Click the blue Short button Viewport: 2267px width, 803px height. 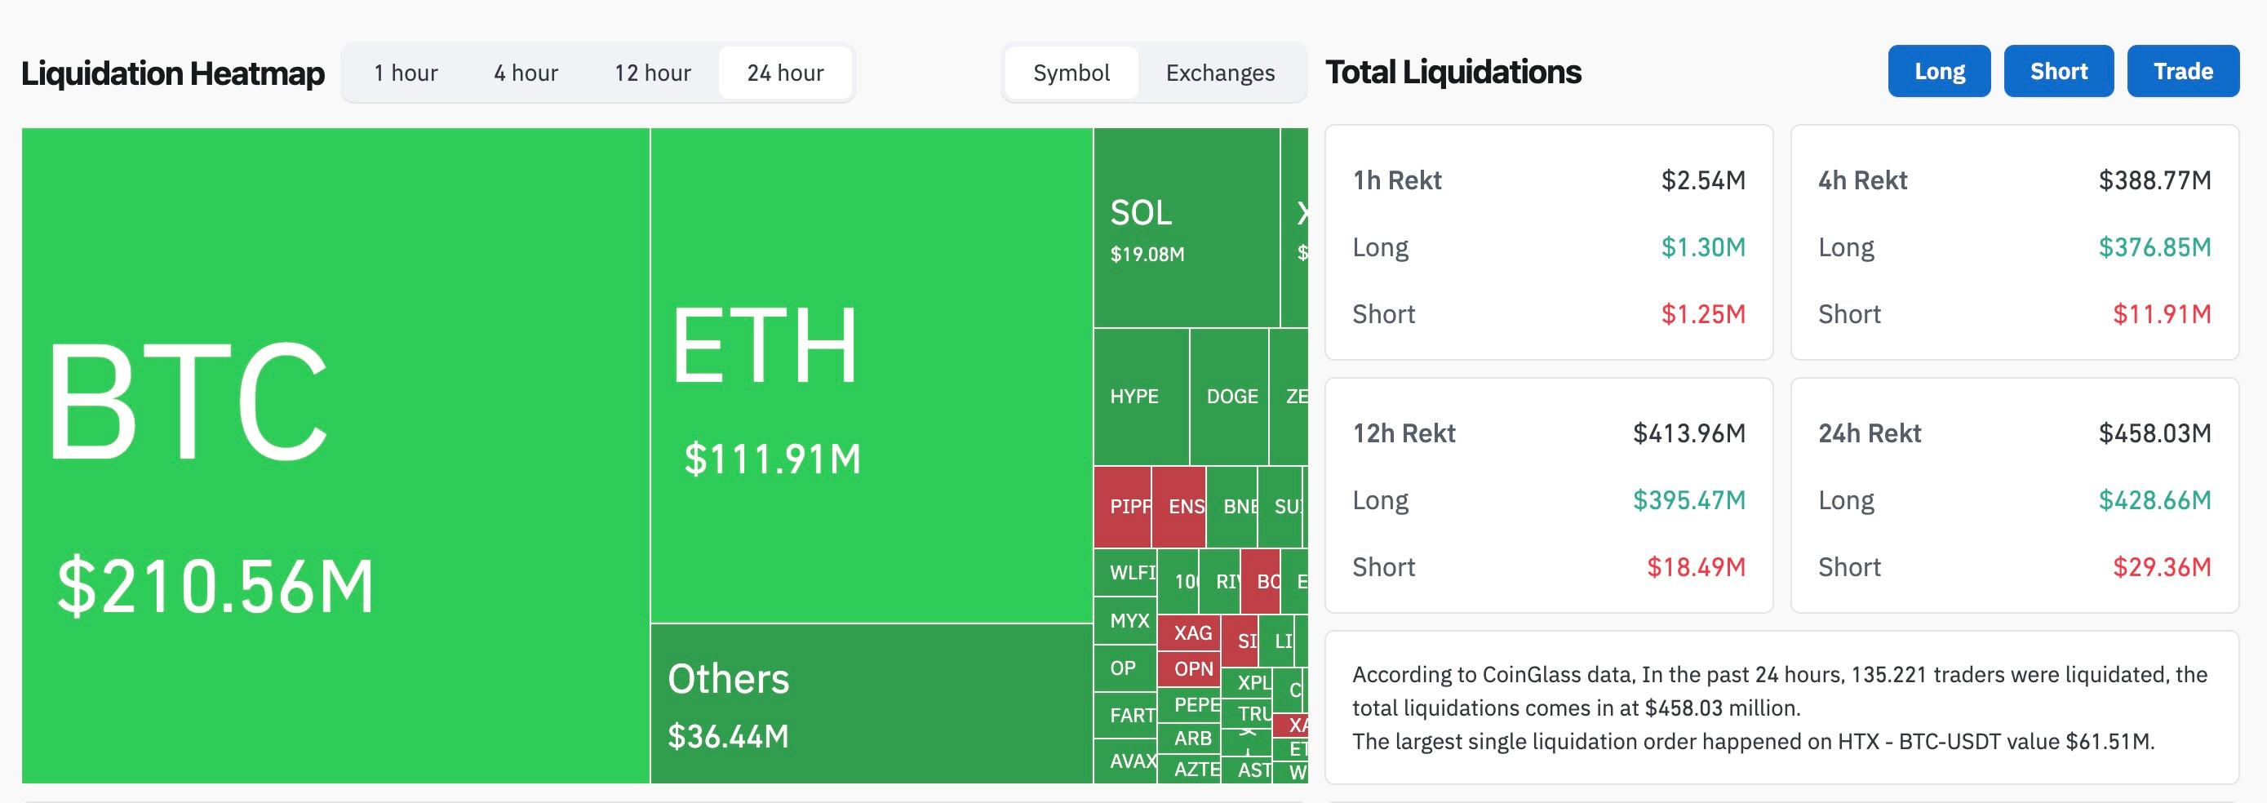pyautogui.click(x=2058, y=71)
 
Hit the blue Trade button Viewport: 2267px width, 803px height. pyautogui.click(x=2182, y=71)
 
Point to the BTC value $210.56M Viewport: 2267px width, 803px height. pyautogui.click(x=215, y=587)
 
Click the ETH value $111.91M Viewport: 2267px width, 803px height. pyautogui.click(x=773, y=459)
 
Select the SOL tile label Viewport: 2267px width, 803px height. pyautogui.click(x=1141, y=212)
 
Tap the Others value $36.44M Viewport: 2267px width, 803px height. pyautogui.click(x=728, y=736)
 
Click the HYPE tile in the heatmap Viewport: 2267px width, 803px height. pyautogui.click(x=1134, y=397)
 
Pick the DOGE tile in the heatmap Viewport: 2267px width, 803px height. pyautogui.click(x=1231, y=397)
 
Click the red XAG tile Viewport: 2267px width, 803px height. pyautogui.click(x=1192, y=633)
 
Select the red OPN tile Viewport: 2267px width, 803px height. pyautogui.click(x=1192, y=669)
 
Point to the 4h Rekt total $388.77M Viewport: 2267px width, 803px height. pyautogui.click(x=2154, y=180)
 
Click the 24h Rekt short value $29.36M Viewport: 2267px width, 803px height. pyautogui.click(x=2162, y=567)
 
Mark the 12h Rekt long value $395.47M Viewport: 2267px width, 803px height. pyautogui.click(x=1688, y=500)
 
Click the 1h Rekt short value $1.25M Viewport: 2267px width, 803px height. pyautogui.click(x=1702, y=314)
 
